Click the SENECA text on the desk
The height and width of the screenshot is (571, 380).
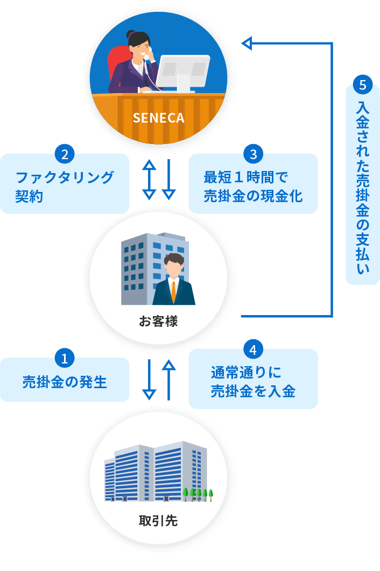158,118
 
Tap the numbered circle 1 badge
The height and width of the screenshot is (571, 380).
65,358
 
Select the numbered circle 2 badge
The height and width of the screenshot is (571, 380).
65,154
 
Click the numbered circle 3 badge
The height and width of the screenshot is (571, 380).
253,154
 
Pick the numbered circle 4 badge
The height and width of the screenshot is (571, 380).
253,350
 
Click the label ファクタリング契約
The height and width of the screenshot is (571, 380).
65,186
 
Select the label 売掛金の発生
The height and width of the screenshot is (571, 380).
65,382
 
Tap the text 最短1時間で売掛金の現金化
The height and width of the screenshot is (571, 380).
253,186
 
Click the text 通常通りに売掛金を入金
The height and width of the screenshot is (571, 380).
253,382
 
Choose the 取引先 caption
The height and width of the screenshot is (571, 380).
158,520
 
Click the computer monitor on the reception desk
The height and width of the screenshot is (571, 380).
184,70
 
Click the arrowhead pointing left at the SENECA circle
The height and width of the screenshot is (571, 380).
247,43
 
